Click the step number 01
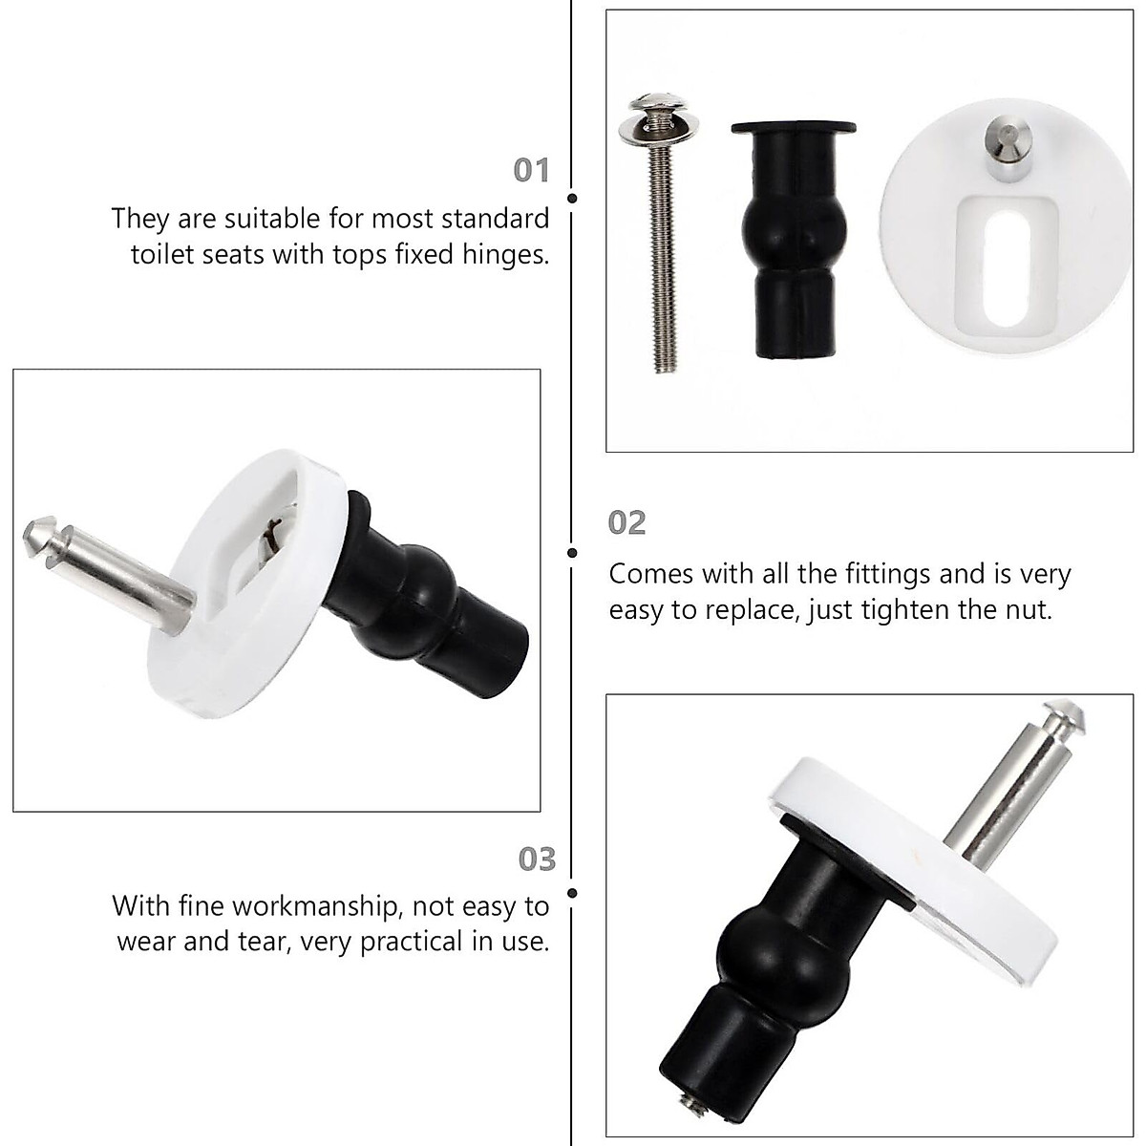[x=532, y=171]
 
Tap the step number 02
[x=627, y=522]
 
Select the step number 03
[x=536, y=859]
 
